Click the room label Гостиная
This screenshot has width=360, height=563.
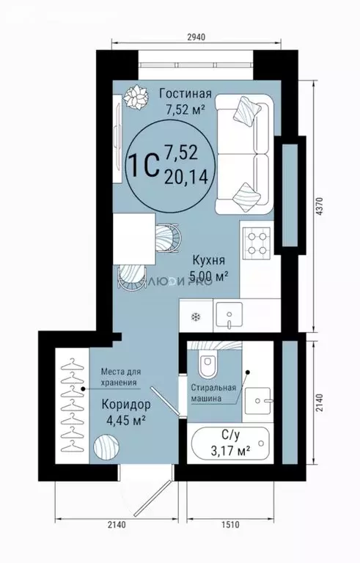(x=185, y=94)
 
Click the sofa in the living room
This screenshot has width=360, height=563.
(x=246, y=155)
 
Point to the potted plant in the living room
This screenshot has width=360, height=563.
(x=135, y=96)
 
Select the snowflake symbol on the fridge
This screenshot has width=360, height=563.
(x=196, y=316)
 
